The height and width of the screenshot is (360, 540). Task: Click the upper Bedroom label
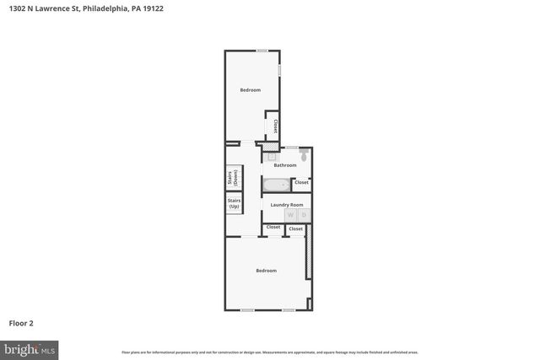click(x=250, y=90)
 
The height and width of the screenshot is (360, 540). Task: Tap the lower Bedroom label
click(x=267, y=270)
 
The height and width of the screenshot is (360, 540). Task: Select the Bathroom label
click(x=285, y=165)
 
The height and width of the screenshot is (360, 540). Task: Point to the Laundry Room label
click(x=286, y=205)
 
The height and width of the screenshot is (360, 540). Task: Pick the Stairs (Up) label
click(x=234, y=204)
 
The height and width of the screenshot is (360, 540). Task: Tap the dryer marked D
click(x=304, y=215)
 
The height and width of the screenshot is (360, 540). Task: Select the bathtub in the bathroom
click(x=276, y=185)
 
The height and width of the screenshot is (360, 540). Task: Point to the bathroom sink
click(x=273, y=156)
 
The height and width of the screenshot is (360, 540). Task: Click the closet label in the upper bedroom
click(x=275, y=126)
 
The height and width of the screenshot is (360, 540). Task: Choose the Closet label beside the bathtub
click(x=301, y=183)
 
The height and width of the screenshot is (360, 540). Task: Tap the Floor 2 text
click(x=21, y=323)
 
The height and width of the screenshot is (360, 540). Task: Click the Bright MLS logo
click(x=30, y=348)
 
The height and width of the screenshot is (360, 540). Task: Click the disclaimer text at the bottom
click(x=270, y=352)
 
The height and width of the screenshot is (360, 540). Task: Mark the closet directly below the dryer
click(x=295, y=228)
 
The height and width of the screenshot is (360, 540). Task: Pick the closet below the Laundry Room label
click(x=273, y=228)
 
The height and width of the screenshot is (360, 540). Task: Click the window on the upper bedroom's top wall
click(x=262, y=51)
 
